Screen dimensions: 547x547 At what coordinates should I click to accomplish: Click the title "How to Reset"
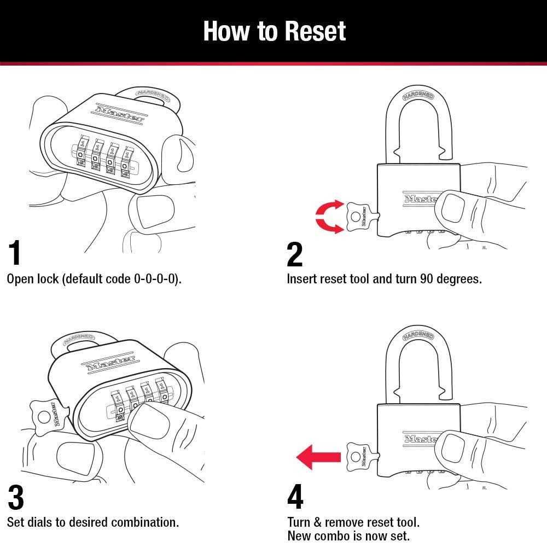(274, 31)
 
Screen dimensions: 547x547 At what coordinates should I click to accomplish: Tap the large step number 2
(294, 254)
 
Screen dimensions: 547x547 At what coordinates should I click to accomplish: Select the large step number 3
(16, 497)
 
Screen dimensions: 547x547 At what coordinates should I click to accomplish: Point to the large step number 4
(295, 497)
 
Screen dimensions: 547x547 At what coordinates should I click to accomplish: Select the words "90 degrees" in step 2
(451, 279)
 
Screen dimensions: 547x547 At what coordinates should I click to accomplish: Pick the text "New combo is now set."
(348, 536)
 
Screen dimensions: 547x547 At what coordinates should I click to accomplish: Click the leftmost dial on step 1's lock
(80, 155)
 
